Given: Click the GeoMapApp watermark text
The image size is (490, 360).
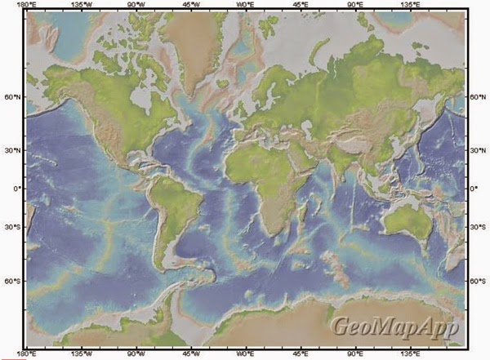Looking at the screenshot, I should [394, 326].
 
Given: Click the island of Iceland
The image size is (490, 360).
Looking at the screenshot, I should [222, 83].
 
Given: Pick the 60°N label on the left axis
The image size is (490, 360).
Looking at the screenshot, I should [11, 97].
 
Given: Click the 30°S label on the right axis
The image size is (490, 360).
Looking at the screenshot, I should [477, 224].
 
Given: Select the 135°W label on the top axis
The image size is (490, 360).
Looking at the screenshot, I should [81, 5].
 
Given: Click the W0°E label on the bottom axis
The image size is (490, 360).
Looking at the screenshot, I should [245, 354].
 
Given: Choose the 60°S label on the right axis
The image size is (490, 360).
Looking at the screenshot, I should [477, 281].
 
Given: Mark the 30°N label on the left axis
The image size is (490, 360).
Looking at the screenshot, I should [11, 150].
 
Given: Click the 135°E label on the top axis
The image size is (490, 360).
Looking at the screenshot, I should [410, 5].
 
